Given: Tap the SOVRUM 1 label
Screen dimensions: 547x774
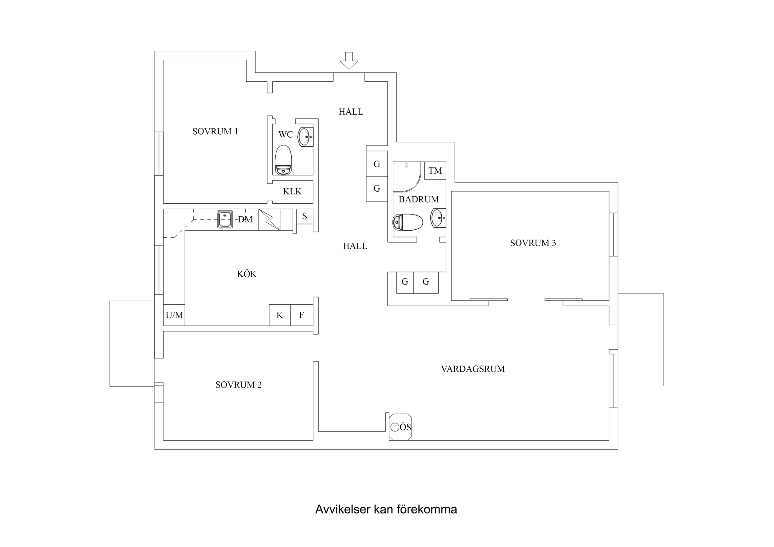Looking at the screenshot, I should (x=215, y=132).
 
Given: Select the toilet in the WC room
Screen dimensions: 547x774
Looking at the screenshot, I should (x=283, y=160).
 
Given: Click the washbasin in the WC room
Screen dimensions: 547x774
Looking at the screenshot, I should (x=305, y=137).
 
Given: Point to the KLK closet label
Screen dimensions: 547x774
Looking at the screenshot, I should (x=292, y=191).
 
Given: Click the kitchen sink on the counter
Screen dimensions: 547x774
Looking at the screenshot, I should (x=225, y=219).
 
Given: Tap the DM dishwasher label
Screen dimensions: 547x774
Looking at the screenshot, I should (x=245, y=219).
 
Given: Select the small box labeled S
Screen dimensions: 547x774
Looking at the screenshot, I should (x=304, y=216).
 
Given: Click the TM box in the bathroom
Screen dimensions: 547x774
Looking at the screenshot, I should (x=435, y=171).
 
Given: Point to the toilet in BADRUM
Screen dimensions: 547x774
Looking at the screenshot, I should (x=408, y=222).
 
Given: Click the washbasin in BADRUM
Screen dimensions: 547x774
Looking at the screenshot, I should (x=438, y=218).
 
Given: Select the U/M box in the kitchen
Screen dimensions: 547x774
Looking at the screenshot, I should (x=174, y=315).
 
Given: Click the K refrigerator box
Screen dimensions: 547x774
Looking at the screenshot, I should (x=279, y=315).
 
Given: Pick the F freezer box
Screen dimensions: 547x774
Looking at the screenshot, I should (x=301, y=315).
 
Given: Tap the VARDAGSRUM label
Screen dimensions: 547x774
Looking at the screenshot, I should (x=473, y=369).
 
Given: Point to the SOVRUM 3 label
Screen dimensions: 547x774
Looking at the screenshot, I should (x=533, y=243).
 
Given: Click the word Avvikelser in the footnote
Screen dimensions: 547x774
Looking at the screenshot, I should (x=343, y=509).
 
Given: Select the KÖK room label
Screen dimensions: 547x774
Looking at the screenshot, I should (x=247, y=274).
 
